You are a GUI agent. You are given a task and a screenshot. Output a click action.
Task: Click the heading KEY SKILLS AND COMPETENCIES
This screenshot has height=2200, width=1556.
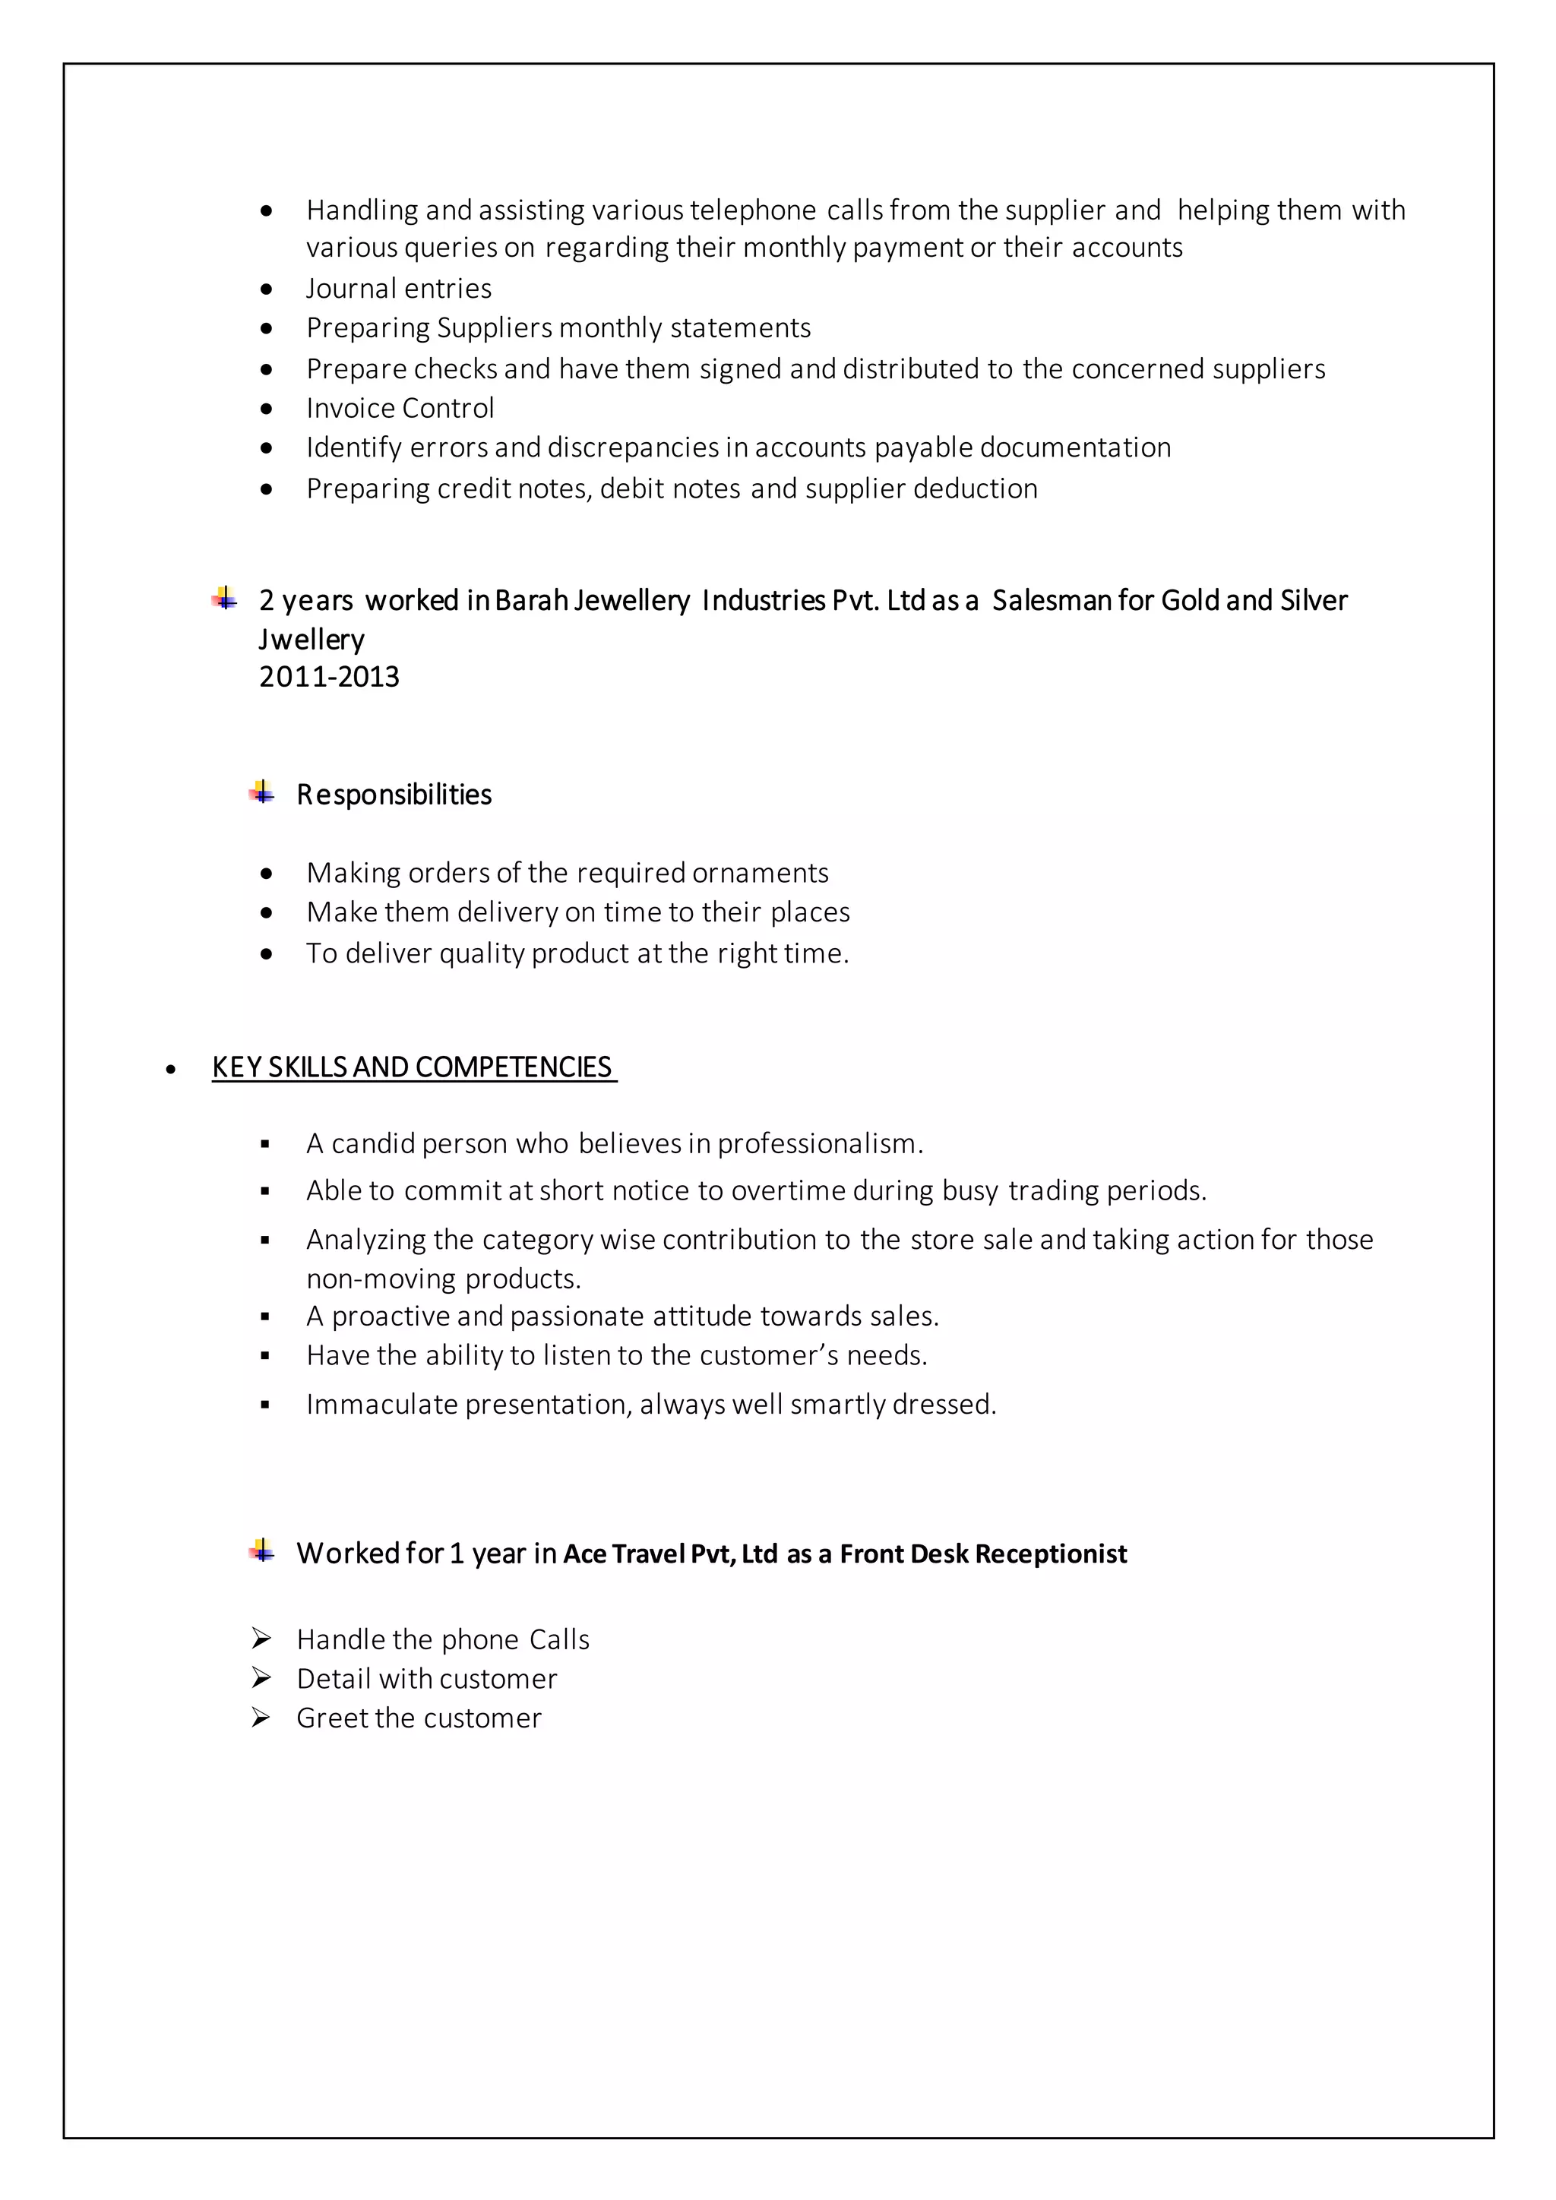click(413, 1067)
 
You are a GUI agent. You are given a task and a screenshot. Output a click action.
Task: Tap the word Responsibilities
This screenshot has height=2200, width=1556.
click(394, 795)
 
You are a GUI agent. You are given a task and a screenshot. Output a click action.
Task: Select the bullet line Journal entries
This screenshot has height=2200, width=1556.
click(399, 289)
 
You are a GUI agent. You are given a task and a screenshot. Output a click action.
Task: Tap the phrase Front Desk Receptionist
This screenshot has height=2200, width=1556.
click(983, 1554)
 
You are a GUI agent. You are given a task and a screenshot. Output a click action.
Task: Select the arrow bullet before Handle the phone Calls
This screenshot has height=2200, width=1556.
click(261, 1639)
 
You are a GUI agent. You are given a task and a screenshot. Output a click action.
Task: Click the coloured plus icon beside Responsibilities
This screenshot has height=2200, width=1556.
click(261, 792)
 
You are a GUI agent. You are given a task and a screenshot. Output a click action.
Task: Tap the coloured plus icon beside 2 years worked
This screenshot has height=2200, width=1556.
click(224, 598)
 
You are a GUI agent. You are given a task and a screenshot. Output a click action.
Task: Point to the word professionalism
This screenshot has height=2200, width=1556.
click(819, 1143)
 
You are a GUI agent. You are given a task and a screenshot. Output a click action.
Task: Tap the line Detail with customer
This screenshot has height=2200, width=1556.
click(426, 1679)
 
